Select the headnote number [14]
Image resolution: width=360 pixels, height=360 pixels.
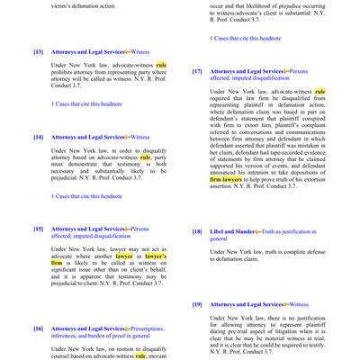[x=38, y=137]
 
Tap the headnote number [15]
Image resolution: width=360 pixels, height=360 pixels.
[x=38, y=229]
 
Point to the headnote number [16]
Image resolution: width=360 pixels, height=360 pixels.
[x=38, y=329]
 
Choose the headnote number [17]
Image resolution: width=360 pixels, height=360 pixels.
[x=197, y=71]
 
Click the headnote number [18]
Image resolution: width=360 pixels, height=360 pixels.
[x=197, y=231]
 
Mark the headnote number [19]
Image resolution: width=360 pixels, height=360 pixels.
[x=197, y=305]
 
